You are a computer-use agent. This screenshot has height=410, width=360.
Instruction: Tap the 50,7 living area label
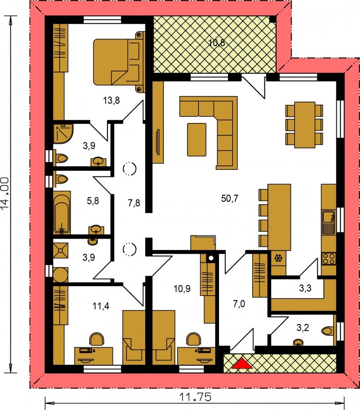[230, 199]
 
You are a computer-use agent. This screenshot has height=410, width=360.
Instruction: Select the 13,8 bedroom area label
[112, 100]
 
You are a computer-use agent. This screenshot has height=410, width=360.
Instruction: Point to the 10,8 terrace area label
[217, 43]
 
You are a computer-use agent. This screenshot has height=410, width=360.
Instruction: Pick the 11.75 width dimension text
[195, 397]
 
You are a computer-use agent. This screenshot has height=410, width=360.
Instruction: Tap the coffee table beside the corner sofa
[197, 140]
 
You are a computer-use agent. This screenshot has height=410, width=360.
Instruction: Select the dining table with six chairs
[304, 125]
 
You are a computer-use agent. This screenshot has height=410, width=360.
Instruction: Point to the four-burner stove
[329, 258]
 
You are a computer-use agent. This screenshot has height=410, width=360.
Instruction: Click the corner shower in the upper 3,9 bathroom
[63, 133]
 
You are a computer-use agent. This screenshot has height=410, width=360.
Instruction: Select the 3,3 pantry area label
[305, 288]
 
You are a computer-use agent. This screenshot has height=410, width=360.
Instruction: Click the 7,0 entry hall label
[239, 304]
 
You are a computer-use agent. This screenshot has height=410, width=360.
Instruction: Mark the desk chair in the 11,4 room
[96, 339]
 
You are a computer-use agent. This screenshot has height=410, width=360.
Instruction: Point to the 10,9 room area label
[182, 289]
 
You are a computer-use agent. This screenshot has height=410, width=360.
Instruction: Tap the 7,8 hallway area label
[134, 203]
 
